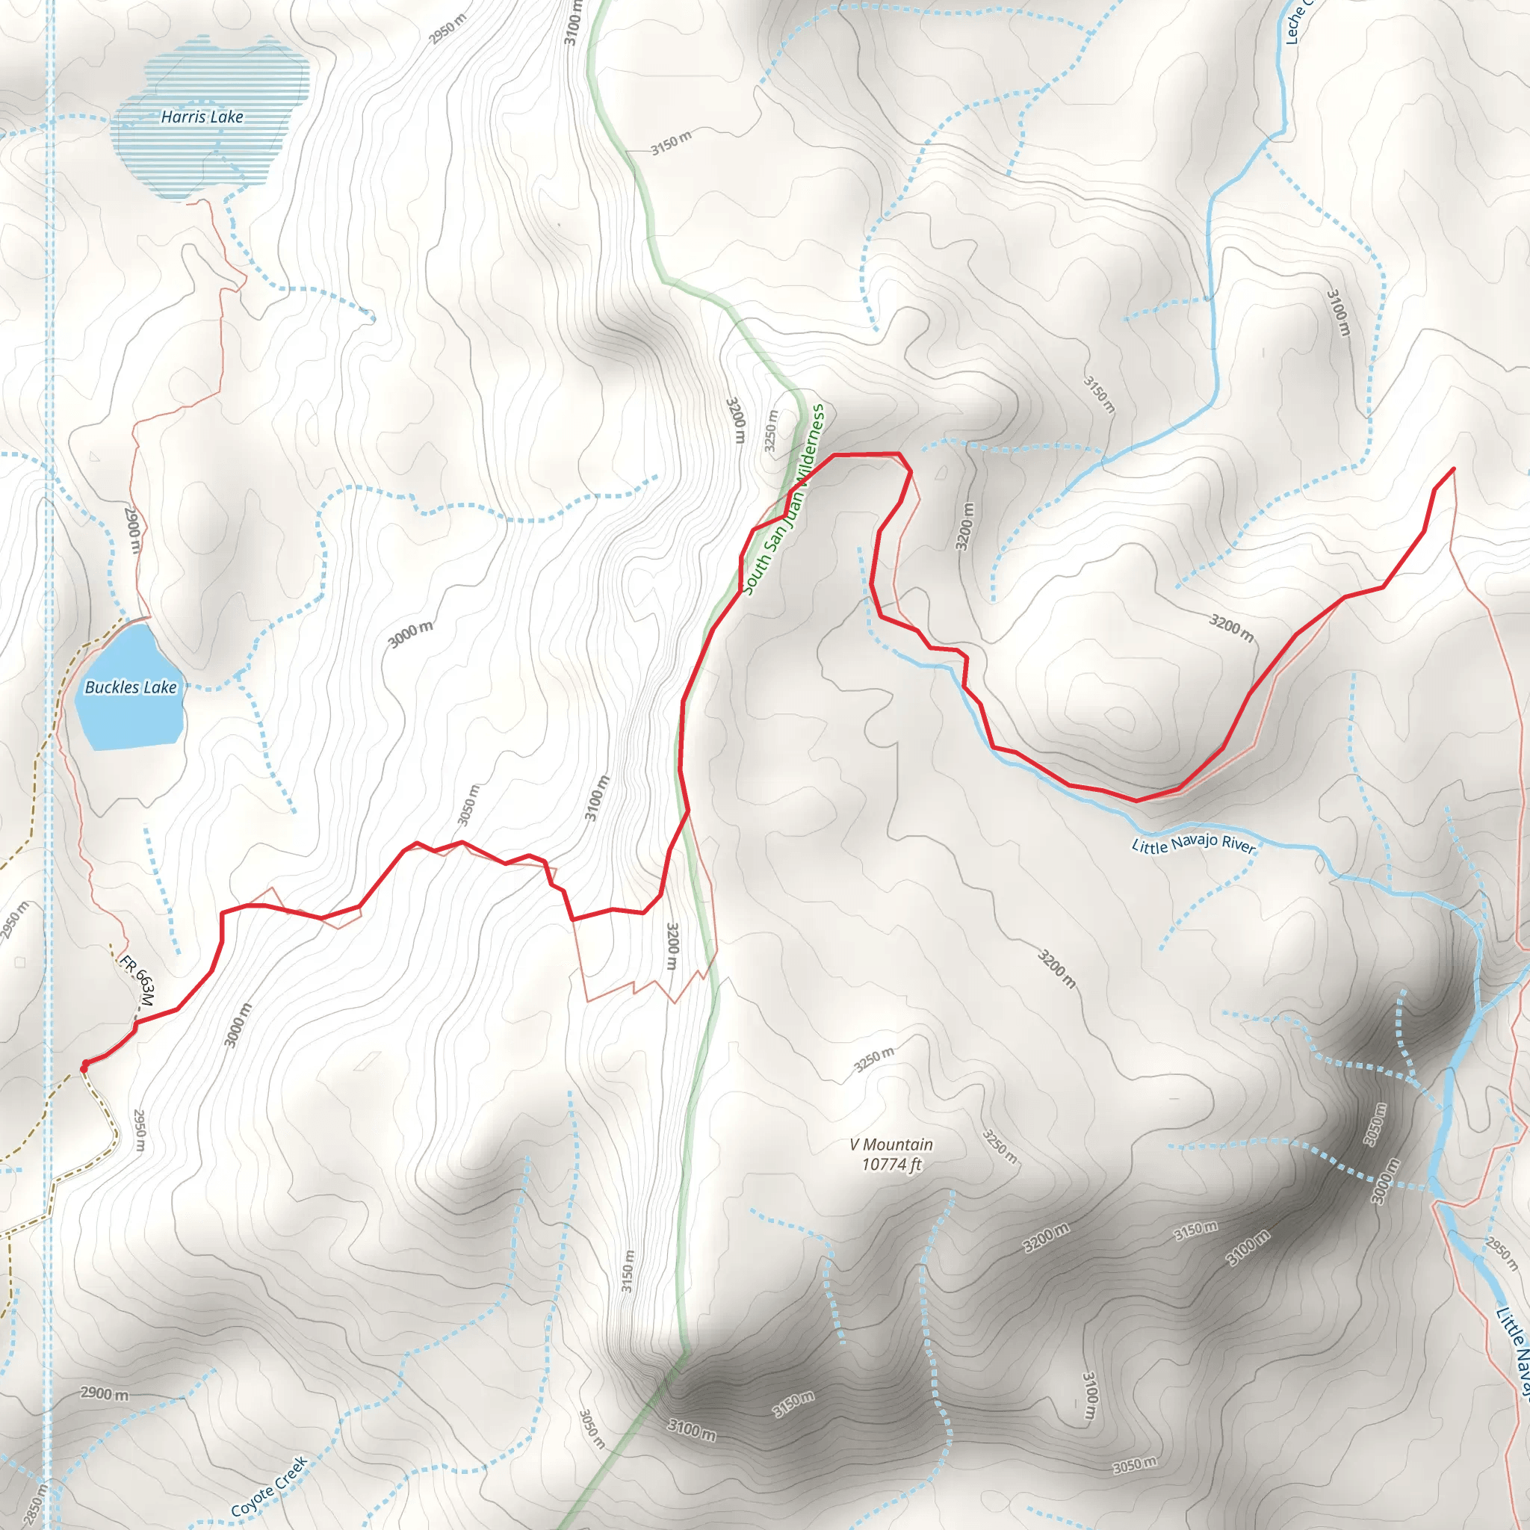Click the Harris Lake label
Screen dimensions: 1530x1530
[202, 117]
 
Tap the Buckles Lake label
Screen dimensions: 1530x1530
[131, 687]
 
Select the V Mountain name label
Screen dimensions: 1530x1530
[891, 1145]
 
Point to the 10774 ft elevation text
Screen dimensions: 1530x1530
[892, 1164]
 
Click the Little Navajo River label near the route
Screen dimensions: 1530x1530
[1193, 845]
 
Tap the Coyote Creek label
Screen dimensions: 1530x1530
[268, 1487]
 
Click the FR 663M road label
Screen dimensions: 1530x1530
[137, 980]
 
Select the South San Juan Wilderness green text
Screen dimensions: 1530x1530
[784, 500]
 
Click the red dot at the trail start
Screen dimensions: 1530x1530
[84, 1068]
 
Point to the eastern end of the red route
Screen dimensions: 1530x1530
[1454, 469]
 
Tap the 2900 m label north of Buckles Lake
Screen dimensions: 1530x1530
[132, 529]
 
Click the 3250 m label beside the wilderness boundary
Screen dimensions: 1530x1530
[770, 431]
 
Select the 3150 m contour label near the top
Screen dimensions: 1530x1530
[671, 143]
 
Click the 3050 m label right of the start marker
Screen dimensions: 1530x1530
[469, 804]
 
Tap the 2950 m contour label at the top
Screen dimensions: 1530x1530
[448, 28]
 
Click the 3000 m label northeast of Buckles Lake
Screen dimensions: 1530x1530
[410, 634]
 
